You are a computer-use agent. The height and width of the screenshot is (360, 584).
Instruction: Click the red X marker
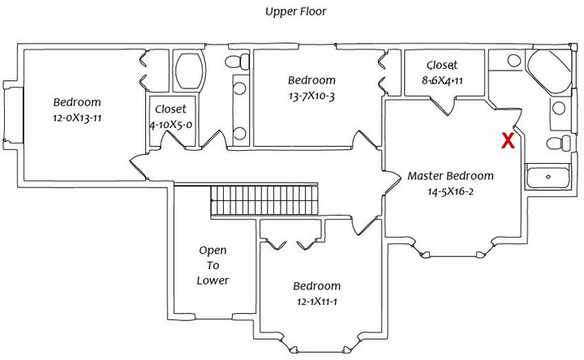(x=508, y=140)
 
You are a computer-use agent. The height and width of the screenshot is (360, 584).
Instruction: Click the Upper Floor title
(x=295, y=12)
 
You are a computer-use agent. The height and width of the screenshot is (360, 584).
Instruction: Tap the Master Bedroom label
(x=450, y=176)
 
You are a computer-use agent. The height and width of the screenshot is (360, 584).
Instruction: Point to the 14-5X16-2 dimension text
(x=450, y=192)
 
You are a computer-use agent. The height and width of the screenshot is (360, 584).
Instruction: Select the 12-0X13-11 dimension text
(x=78, y=118)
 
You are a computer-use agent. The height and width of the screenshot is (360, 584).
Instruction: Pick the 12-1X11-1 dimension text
(x=316, y=302)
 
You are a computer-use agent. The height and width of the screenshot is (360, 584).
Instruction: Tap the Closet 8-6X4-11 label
(x=442, y=73)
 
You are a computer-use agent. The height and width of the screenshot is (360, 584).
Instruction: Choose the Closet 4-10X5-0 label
(x=170, y=117)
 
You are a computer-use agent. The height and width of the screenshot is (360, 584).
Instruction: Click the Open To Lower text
(x=213, y=265)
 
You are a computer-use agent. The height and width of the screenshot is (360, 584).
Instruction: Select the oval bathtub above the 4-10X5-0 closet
(x=191, y=72)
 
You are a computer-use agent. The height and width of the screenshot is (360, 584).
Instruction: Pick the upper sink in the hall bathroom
(x=239, y=89)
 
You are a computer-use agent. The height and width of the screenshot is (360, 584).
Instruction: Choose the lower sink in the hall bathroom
(x=239, y=134)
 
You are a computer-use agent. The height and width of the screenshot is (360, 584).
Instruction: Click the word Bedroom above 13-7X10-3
(x=311, y=80)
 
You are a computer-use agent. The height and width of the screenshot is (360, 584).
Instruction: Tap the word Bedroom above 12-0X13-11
(x=77, y=102)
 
